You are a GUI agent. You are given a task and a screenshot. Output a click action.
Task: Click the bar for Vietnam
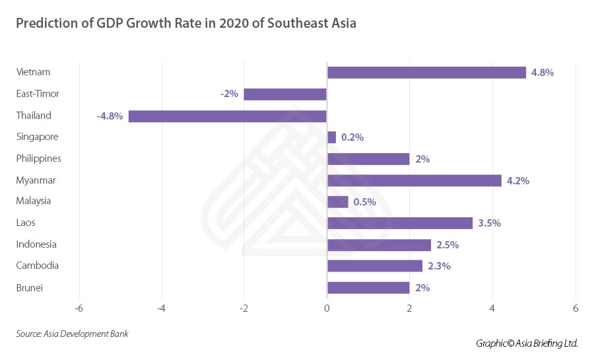pos(426,73)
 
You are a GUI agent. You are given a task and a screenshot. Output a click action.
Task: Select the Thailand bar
pos(228,116)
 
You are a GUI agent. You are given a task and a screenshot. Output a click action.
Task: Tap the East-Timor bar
pos(285,94)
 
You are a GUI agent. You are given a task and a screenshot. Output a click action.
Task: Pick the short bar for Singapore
pos(331,137)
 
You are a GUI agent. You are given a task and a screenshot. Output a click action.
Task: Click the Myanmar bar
pos(414,180)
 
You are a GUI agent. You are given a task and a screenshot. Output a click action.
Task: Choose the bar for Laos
pos(400,223)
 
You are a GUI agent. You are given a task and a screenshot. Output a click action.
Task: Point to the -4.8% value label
pos(110,116)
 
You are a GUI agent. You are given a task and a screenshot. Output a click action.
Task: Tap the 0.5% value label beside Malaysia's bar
pos(364,202)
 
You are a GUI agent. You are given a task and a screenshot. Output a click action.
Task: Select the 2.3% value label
pos(438,266)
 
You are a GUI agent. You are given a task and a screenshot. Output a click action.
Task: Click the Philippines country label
pos(38,159)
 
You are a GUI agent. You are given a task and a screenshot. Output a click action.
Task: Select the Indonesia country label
pos(36,244)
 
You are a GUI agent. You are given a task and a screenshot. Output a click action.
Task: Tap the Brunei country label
pos(29,287)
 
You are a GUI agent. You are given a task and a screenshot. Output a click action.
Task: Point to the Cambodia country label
pos(38,266)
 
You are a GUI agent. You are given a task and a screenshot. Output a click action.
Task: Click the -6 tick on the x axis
pos(79,309)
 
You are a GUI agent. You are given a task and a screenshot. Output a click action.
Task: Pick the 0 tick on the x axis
pos(327,309)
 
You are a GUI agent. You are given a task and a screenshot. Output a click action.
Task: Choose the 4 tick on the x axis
pos(492,309)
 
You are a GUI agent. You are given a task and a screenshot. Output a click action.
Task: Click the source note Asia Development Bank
pos(73,334)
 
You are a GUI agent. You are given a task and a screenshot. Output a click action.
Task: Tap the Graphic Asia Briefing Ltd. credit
pos(527,343)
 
